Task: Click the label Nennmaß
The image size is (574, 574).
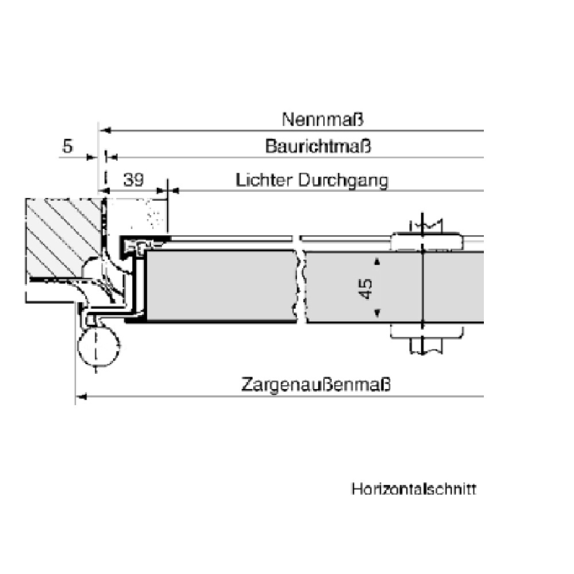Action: pyautogui.click(x=323, y=120)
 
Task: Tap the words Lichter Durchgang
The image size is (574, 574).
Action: pyautogui.click(x=312, y=180)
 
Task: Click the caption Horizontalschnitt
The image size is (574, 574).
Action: pyautogui.click(x=414, y=490)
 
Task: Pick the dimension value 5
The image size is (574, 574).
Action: pyautogui.click(x=68, y=147)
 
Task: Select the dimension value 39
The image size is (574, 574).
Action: pyautogui.click(x=134, y=180)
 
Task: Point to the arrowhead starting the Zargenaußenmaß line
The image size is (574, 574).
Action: pyautogui.click(x=81, y=395)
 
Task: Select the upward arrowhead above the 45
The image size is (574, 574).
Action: pyautogui.click(x=377, y=262)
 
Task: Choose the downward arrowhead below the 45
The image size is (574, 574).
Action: pyautogui.click(x=377, y=313)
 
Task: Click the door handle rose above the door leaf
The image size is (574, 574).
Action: pyautogui.click(x=425, y=241)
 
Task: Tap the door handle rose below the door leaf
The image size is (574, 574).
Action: pyautogui.click(x=425, y=331)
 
